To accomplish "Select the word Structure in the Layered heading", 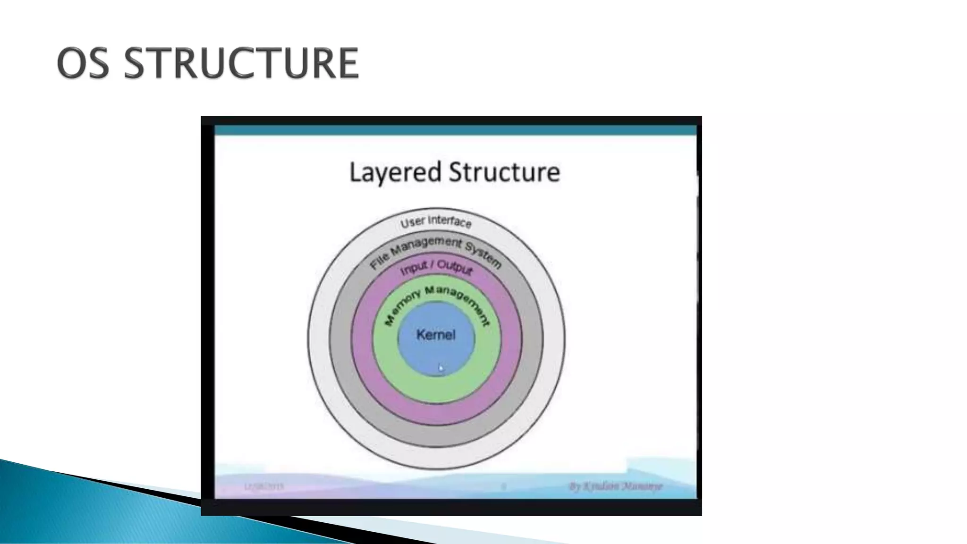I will [x=504, y=172].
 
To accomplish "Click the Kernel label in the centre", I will [x=436, y=335].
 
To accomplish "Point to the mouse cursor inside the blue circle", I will [x=441, y=367].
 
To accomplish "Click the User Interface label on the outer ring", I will [x=436, y=221].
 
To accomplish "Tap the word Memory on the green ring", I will [x=401, y=308].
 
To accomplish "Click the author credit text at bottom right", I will [x=616, y=486].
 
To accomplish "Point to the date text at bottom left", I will [x=264, y=486].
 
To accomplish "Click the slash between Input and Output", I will [x=432, y=265].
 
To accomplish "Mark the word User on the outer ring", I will [x=412, y=222].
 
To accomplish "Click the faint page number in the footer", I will [x=503, y=486].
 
